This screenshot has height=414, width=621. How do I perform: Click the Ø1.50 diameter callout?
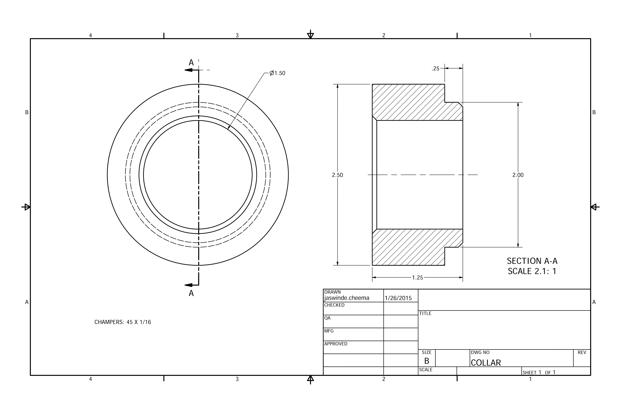tap(277, 73)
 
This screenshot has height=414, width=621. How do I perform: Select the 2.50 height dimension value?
tap(337, 175)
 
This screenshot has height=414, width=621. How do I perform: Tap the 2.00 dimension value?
tap(518, 175)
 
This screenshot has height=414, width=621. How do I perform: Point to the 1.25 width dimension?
tap(417, 277)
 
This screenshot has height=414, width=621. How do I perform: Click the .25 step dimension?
tap(435, 69)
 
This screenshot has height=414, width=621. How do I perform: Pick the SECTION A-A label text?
tap(532, 261)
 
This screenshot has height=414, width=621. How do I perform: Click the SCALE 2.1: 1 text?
tap(532, 271)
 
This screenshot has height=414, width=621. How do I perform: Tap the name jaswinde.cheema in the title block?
tap(346, 298)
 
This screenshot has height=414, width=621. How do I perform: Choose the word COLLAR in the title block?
tap(486, 363)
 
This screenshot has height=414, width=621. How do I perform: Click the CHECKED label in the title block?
tap(334, 305)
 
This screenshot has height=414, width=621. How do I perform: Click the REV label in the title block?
tap(582, 352)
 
